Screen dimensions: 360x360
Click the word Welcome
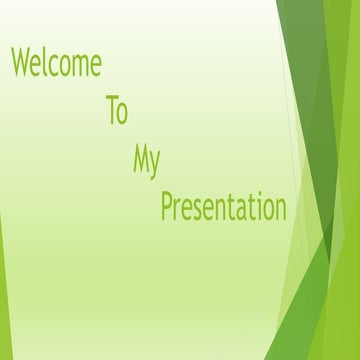coord(56,63)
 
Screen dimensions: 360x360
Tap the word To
coord(116,111)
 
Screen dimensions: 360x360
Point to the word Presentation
coord(224,207)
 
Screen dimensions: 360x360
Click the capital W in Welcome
coord(21,63)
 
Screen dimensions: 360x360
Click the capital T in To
coord(111,111)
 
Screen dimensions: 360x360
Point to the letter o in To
coord(122,114)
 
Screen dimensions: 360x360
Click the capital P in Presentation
coord(168,206)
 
